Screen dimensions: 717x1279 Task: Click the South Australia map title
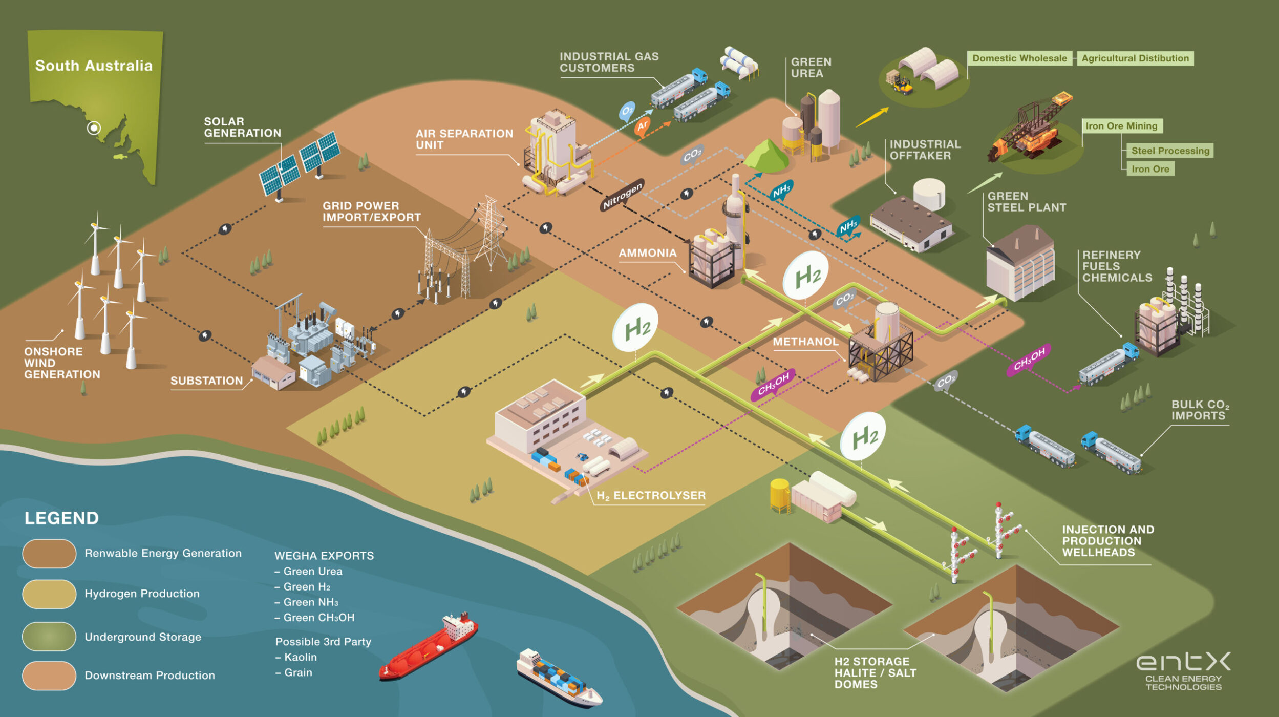[x=94, y=66]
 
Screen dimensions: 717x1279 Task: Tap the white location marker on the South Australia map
[x=94, y=128]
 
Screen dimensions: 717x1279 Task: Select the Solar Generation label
[x=242, y=128]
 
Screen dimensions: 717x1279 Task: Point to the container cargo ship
[x=559, y=677]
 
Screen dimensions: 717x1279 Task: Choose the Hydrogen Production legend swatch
[x=49, y=594]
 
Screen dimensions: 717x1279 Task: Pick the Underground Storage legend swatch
[x=49, y=637]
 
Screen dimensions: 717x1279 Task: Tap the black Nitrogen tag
[x=622, y=195]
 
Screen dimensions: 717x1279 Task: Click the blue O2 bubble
[x=627, y=111]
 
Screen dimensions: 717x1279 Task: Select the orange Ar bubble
[x=642, y=125]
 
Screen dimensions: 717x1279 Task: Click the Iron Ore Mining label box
[x=1121, y=126]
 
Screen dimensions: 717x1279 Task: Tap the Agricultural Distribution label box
[x=1135, y=58]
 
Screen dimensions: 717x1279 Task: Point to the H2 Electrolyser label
[x=651, y=495]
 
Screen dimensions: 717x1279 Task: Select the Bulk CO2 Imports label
[x=1200, y=410]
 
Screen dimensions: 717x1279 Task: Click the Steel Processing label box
[x=1170, y=151]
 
